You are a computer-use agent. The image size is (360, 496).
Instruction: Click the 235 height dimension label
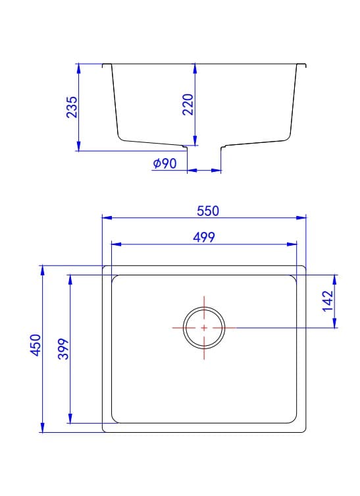pyautogui.click(x=72, y=107)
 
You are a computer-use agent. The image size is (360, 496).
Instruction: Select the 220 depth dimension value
pyautogui.click(x=187, y=105)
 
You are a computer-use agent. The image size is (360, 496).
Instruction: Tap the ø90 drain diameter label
pyautogui.click(x=165, y=163)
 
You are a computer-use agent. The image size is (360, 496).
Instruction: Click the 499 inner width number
pyautogui.click(x=205, y=237)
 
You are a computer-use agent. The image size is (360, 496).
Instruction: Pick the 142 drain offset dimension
pyautogui.click(x=330, y=300)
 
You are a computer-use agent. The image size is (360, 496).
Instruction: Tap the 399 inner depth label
pyautogui.click(x=64, y=348)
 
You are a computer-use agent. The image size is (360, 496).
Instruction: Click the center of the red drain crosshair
pyautogui.click(x=204, y=327)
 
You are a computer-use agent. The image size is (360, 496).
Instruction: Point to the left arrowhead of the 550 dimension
pyautogui.click(x=106, y=217)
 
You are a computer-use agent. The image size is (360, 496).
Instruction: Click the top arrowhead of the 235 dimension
pyautogui.click(x=78, y=68)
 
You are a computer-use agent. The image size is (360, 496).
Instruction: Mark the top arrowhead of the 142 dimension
pyautogui.click(x=336, y=277)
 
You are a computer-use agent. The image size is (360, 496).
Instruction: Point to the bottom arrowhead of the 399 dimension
pyautogui.click(x=70, y=419)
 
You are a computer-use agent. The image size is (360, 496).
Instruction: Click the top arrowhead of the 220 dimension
pyautogui.click(x=195, y=68)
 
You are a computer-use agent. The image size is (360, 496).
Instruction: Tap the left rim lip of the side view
pyautogui.click(x=107, y=65)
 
